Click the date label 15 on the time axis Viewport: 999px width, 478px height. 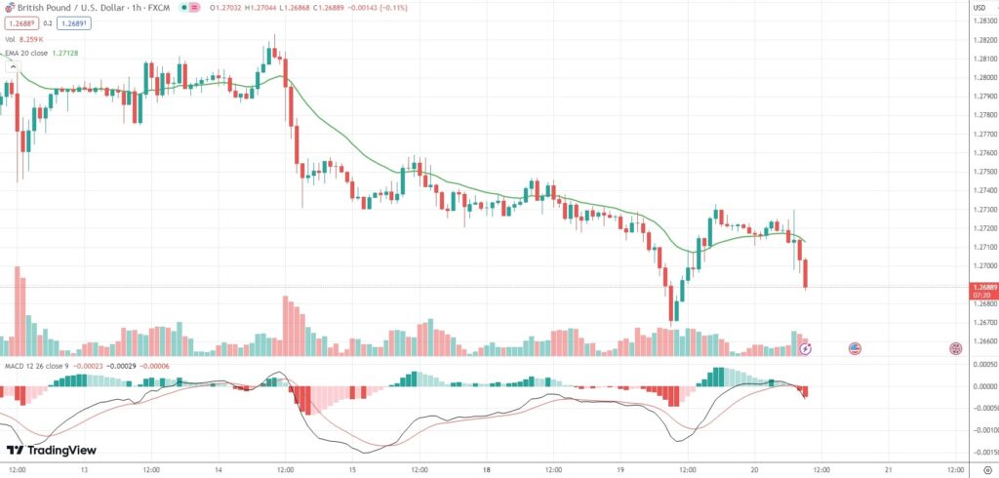[351, 469]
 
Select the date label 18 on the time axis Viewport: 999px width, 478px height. [485, 469]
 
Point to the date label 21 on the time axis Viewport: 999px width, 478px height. [888, 469]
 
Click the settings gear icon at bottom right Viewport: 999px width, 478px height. [987, 469]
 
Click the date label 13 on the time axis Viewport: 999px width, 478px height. [84, 469]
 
